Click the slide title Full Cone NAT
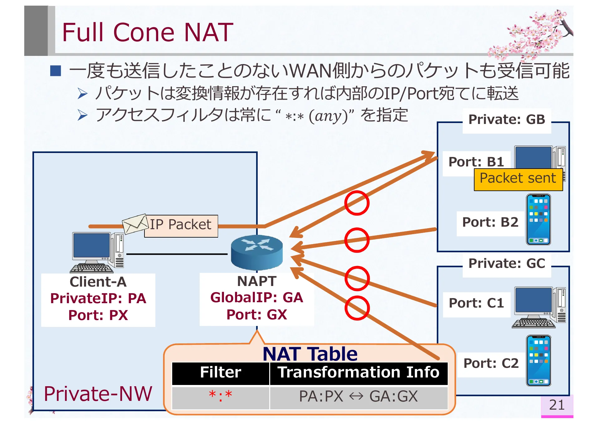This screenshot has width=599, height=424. pyautogui.click(x=147, y=32)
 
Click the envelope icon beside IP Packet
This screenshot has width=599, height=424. pyautogui.click(x=135, y=224)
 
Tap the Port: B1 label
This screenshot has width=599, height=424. pyautogui.click(x=476, y=162)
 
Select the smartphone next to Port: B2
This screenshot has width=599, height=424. pyautogui.click(x=538, y=219)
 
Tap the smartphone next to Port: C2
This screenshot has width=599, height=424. pyautogui.click(x=538, y=361)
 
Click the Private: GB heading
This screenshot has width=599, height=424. pyautogui.click(x=506, y=120)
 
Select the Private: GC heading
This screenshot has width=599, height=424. pyautogui.click(x=507, y=264)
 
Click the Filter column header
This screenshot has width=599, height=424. pyautogui.click(x=221, y=373)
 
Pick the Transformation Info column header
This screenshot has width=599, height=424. pyautogui.click(x=358, y=373)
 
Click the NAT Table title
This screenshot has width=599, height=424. pyautogui.click(x=310, y=354)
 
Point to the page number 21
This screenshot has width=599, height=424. pyautogui.click(x=557, y=405)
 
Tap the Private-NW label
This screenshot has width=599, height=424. pyautogui.click(x=98, y=394)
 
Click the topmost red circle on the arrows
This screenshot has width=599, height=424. pyautogui.click(x=357, y=203)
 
